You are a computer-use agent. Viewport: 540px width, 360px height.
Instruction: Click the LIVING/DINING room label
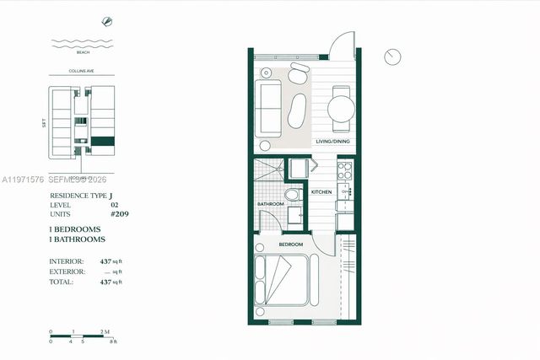(x=332, y=142)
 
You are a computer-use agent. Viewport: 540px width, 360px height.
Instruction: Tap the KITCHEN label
(x=321, y=192)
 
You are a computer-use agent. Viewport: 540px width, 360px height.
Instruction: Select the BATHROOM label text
(x=270, y=204)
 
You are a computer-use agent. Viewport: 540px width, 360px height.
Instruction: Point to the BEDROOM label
(x=291, y=244)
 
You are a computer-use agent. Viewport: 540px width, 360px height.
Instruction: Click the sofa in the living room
(x=269, y=108)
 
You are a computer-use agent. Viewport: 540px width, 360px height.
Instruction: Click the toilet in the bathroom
(x=292, y=195)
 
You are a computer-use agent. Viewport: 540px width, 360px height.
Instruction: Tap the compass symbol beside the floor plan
(x=391, y=56)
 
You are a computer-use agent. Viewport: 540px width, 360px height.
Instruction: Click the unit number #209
(x=120, y=214)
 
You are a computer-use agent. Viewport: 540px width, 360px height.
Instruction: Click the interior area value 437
(x=106, y=262)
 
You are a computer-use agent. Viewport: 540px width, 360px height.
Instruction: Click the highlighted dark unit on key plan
(x=103, y=141)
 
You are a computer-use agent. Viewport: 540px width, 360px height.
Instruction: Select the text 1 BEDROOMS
(x=75, y=229)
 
